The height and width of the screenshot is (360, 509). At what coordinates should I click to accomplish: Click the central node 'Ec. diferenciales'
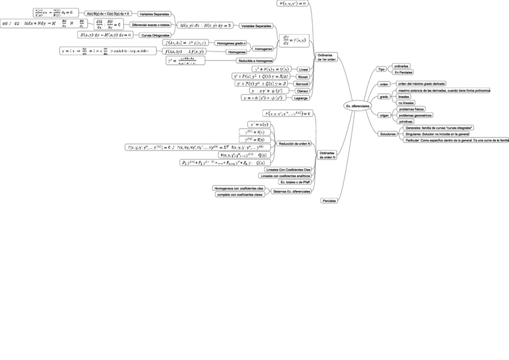click(x=357, y=106)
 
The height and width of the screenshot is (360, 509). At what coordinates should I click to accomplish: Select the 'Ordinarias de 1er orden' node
click(x=327, y=57)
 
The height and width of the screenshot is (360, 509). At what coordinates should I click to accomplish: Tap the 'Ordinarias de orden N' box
click(x=327, y=155)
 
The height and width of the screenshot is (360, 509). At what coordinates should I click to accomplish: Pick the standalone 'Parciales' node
click(x=329, y=200)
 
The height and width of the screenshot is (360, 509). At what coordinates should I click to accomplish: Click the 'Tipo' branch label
click(x=381, y=70)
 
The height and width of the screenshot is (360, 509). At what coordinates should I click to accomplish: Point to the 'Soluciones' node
click(x=387, y=134)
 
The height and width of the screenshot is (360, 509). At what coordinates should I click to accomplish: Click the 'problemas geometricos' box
click(x=415, y=115)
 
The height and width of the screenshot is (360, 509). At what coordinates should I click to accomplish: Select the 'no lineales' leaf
click(x=406, y=103)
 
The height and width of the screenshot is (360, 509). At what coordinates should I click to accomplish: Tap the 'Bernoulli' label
click(x=303, y=84)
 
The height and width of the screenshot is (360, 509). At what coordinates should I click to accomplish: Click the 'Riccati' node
click(x=303, y=77)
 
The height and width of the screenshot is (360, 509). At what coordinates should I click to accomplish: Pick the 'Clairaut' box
click(x=303, y=91)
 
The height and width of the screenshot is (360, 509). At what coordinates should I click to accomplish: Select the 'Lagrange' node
click(x=301, y=98)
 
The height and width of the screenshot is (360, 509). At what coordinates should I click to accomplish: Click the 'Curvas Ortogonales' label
click(x=155, y=35)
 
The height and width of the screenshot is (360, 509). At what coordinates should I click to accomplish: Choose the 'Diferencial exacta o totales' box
click(x=151, y=25)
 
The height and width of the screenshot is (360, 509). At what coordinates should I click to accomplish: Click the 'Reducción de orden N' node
click(x=295, y=144)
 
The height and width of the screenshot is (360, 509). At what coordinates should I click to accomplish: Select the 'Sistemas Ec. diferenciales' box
click(x=291, y=191)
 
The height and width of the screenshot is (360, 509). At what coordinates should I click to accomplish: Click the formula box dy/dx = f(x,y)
click(x=294, y=41)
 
